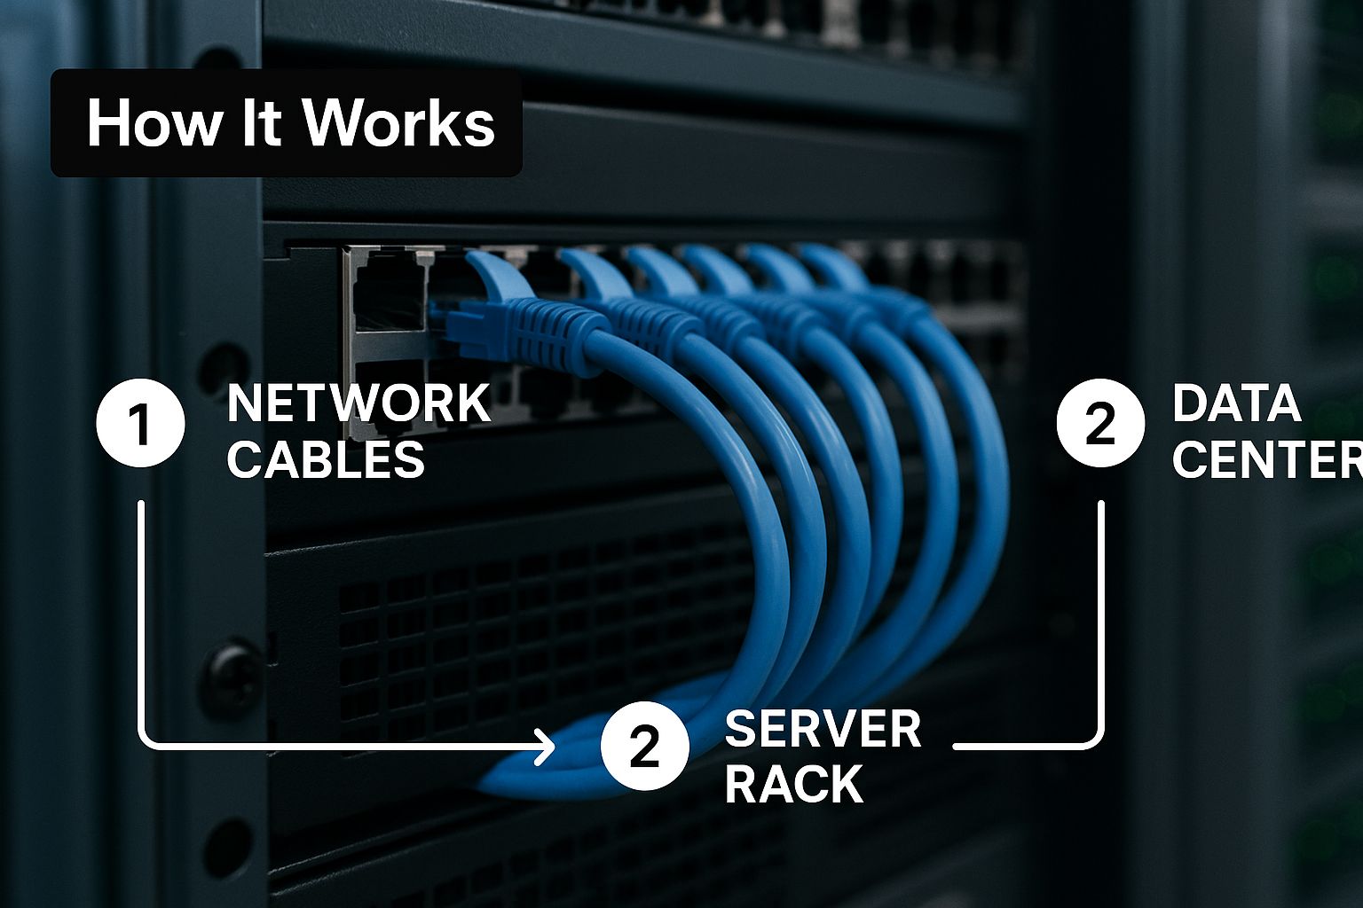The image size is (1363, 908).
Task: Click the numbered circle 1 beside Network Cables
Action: [141, 423]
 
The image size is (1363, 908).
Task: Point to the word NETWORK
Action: [358, 403]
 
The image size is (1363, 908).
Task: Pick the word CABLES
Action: [326, 460]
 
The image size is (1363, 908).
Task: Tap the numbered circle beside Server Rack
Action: [645, 747]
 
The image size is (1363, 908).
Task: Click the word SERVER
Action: [823, 730]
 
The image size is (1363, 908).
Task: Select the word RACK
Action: [793, 785]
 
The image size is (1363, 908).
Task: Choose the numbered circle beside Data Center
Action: [1100, 423]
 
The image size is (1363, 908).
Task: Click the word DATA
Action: [1236, 403]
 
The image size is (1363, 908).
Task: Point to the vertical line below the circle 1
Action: [141, 621]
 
